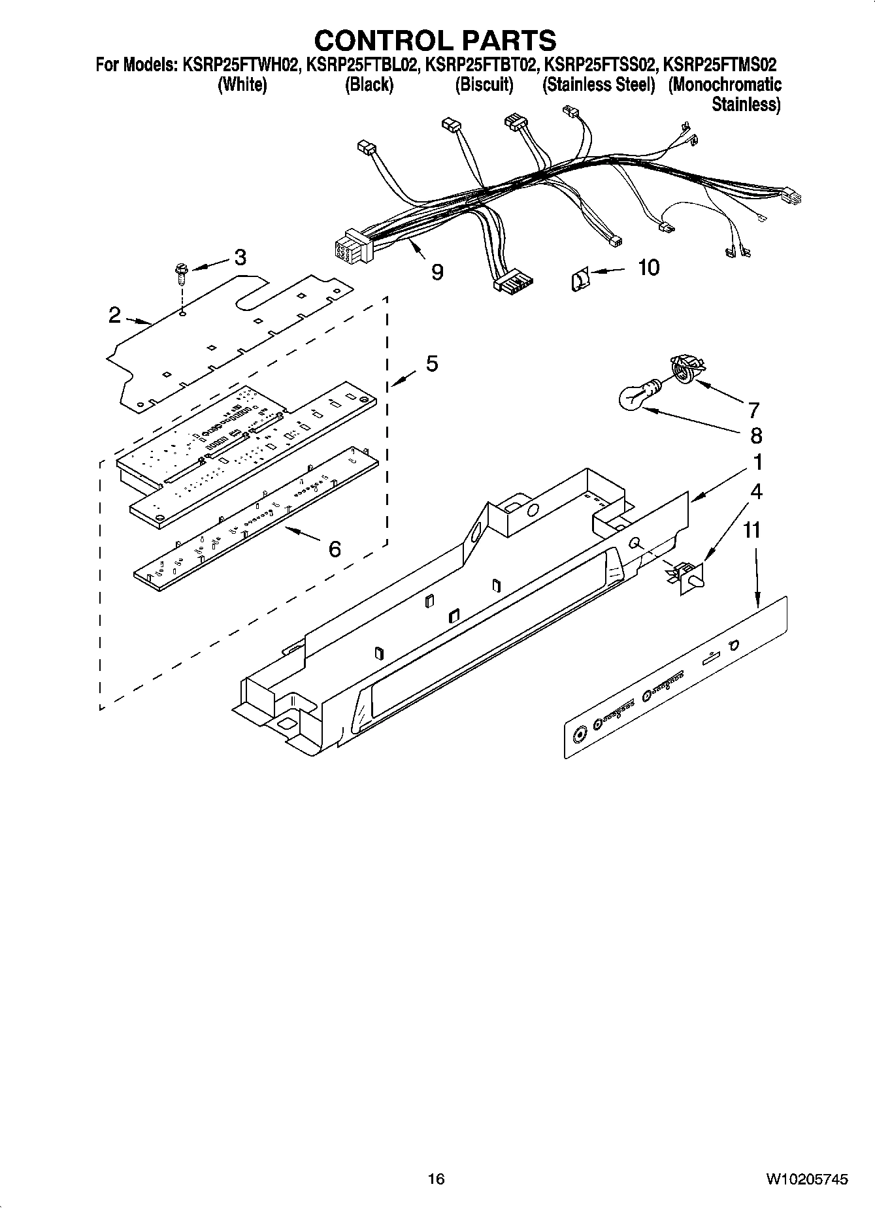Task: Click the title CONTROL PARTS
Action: click(x=435, y=41)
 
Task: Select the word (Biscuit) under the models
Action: click(x=484, y=85)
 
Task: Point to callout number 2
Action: click(x=115, y=316)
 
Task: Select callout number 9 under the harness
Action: click(x=437, y=272)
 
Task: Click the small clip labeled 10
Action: click(x=578, y=281)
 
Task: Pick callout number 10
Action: click(x=648, y=267)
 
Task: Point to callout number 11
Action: click(x=752, y=530)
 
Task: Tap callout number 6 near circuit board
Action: click(x=335, y=549)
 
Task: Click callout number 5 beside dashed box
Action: click(x=432, y=364)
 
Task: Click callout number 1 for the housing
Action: click(x=757, y=463)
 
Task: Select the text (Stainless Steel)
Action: click(x=599, y=85)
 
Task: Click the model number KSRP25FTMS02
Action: click(x=720, y=65)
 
